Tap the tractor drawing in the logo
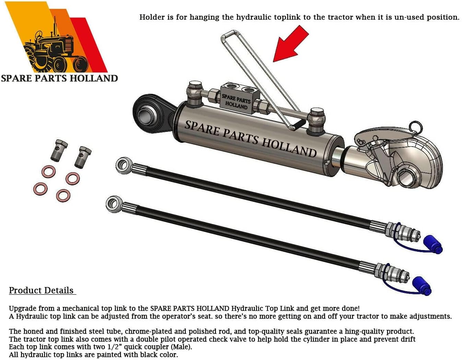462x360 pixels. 55,51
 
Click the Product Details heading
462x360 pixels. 41,290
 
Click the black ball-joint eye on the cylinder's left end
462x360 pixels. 147,113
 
